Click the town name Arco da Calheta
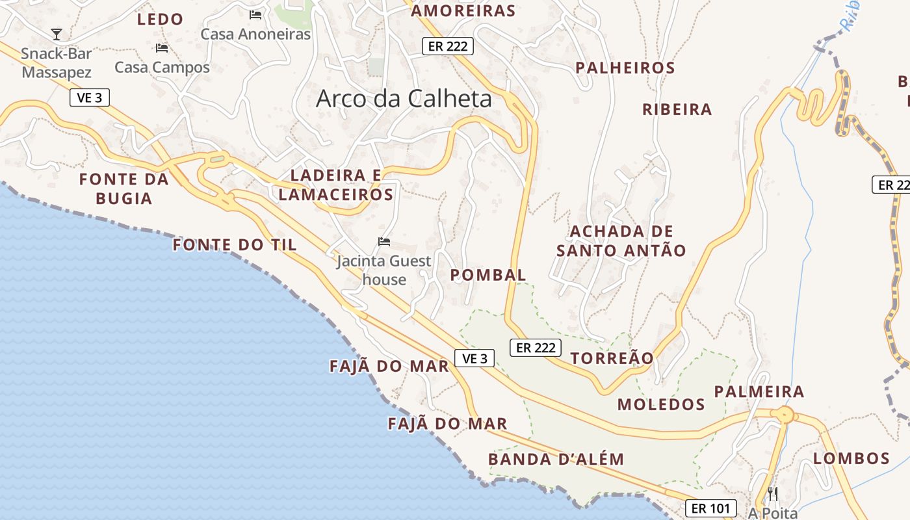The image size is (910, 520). coord(404,99)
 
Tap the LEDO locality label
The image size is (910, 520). coord(160,19)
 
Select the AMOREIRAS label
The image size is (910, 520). coord(463,10)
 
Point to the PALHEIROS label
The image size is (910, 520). coord(625,68)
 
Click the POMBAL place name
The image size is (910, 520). coord(488,275)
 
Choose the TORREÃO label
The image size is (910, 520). coord(612,358)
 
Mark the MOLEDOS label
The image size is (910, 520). coord(661,404)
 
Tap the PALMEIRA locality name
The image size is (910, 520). coord(759,391)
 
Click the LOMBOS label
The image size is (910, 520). coord(851,458)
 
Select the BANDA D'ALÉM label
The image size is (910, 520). coord(556,460)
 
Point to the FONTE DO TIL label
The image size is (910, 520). coord(235,245)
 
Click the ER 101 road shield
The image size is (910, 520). coord(710,508)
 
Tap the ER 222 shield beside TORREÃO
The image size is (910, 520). coord(536,348)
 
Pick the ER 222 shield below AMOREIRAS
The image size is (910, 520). coord(448,46)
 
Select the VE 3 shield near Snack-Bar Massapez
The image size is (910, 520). coord(90,97)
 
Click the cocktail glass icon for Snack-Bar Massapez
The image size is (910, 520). coord(57,34)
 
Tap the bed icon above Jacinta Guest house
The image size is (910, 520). coord(384,242)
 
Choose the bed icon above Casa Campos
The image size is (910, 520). coord(162,47)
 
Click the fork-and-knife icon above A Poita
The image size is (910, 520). coord(772,494)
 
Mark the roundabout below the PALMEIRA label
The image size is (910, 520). coord(785,414)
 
